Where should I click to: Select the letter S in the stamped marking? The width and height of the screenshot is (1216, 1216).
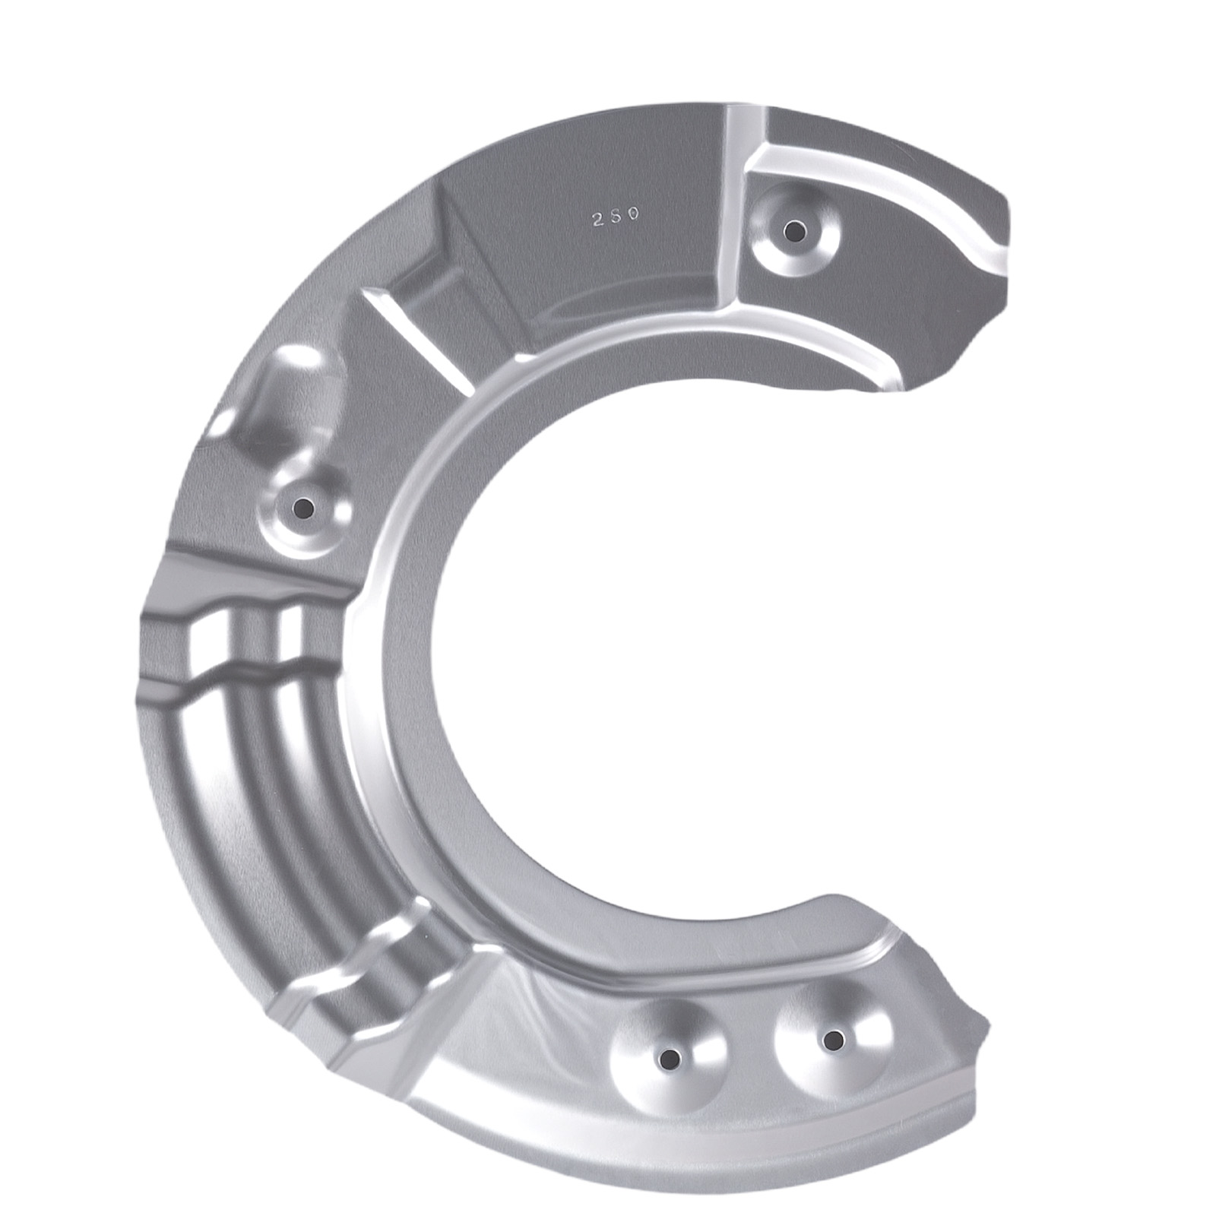coord(616,216)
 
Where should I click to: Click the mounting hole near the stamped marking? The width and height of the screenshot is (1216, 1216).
coord(793,229)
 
